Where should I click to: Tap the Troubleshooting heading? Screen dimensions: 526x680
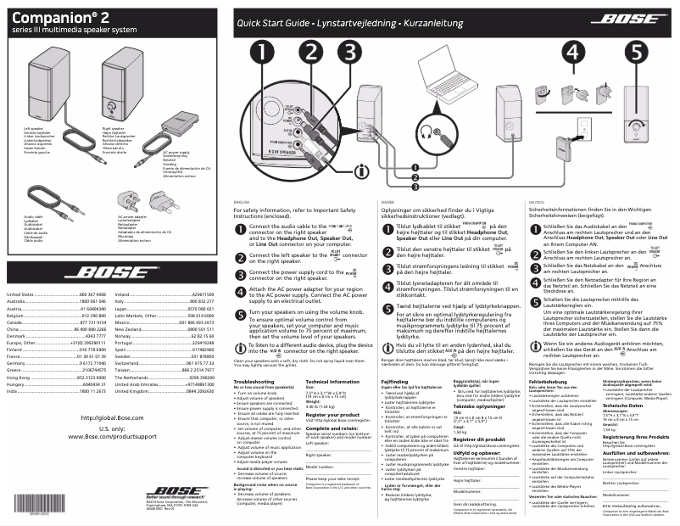pyautogui.click(x=254, y=383)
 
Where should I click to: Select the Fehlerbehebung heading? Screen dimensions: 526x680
pyautogui.click(x=546, y=383)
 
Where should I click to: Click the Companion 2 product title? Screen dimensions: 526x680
pyautogui.click(x=59, y=18)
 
